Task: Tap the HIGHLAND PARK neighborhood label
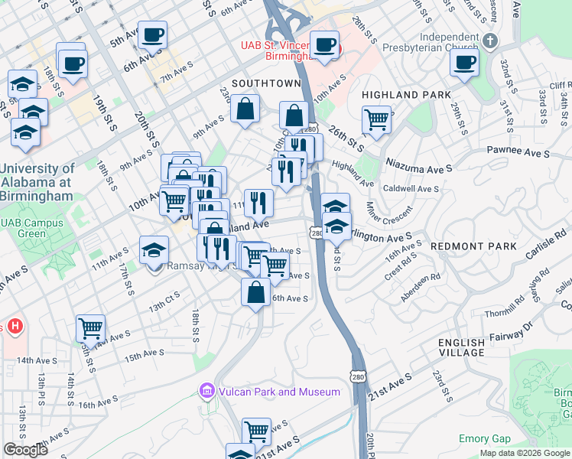tap(401, 95)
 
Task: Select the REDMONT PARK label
tap(474, 246)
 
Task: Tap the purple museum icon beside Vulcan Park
tap(206, 392)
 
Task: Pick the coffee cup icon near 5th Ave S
tap(152, 35)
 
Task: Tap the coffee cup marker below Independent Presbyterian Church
tap(464, 63)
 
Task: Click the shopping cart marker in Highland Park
tap(376, 119)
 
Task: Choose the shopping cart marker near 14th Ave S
tap(90, 329)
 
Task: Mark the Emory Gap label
tap(484, 439)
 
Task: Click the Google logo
tap(25, 450)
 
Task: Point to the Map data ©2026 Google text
tap(525, 453)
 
